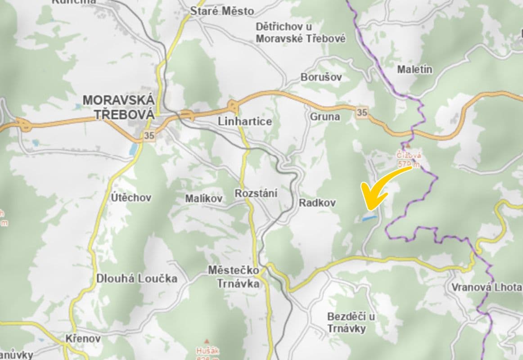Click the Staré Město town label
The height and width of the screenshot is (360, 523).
point(222,11)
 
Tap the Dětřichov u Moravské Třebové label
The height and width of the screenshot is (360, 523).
point(301,33)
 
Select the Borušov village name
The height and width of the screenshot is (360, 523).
point(321,77)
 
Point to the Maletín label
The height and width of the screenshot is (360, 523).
point(415,69)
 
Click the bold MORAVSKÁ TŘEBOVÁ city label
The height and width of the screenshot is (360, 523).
point(119,107)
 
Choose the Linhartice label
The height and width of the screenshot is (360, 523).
point(245,121)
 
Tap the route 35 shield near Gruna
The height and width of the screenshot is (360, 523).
point(362,112)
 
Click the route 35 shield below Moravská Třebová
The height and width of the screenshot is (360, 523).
point(149,135)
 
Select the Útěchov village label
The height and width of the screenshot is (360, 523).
point(131,198)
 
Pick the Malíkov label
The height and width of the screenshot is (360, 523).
point(204,198)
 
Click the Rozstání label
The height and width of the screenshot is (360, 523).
point(256,193)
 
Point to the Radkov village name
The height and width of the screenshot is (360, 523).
point(317,203)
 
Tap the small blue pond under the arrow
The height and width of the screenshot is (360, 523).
point(369,218)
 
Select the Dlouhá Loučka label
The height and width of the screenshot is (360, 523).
point(137,279)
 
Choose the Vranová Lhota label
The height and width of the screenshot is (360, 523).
point(487,287)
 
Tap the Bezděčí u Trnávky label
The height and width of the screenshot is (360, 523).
point(351,322)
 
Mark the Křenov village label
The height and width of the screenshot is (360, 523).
point(83,338)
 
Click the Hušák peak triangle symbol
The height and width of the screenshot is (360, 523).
point(207,341)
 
